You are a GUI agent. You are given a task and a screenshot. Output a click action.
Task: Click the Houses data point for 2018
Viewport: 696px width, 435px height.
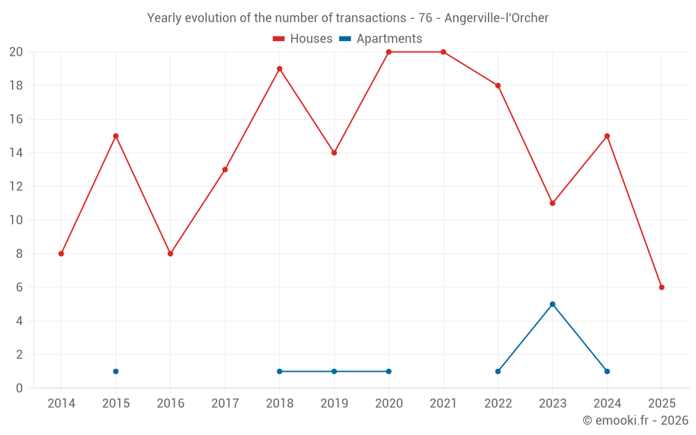(x=279, y=69)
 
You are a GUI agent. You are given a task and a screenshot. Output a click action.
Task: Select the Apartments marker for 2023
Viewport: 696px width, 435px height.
(x=553, y=304)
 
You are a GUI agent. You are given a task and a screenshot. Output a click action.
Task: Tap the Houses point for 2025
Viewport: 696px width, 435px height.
(x=662, y=287)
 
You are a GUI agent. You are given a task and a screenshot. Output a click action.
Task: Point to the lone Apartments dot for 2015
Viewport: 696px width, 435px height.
(x=116, y=371)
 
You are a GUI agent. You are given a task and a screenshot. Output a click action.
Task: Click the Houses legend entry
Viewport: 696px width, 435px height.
(x=303, y=39)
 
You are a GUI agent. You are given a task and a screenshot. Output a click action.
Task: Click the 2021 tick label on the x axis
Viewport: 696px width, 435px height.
(x=443, y=403)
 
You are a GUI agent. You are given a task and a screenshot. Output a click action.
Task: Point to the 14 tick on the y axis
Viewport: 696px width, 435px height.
(x=16, y=153)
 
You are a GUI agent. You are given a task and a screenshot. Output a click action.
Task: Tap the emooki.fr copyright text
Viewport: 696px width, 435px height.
(x=635, y=420)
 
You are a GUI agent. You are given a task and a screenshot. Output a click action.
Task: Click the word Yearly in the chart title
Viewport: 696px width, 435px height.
(x=164, y=18)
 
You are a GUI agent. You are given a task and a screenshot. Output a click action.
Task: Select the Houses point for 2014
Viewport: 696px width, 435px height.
(x=61, y=254)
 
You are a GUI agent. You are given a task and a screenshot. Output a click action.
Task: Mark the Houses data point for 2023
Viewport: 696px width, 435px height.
(x=553, y=203)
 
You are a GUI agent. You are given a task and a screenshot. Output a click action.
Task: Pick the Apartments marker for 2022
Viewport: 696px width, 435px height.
(x=498, y=371)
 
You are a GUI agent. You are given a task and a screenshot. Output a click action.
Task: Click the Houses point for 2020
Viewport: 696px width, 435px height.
(x=388, y=52)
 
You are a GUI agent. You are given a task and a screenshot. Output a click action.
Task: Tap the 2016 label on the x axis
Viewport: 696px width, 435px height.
(x=171, y=403)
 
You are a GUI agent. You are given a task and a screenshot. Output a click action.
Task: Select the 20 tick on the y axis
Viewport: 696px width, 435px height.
(x=16, y=52)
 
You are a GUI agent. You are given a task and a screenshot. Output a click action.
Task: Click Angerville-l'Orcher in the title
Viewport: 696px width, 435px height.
(x=496, y=18)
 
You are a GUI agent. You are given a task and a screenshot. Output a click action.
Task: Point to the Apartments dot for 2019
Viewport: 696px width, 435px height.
(x=334, y=371)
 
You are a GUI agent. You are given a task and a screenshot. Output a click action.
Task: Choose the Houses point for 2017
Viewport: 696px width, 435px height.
(x=225, y=170)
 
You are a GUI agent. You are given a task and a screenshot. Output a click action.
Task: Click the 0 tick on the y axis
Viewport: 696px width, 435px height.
(x=19, y=388)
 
